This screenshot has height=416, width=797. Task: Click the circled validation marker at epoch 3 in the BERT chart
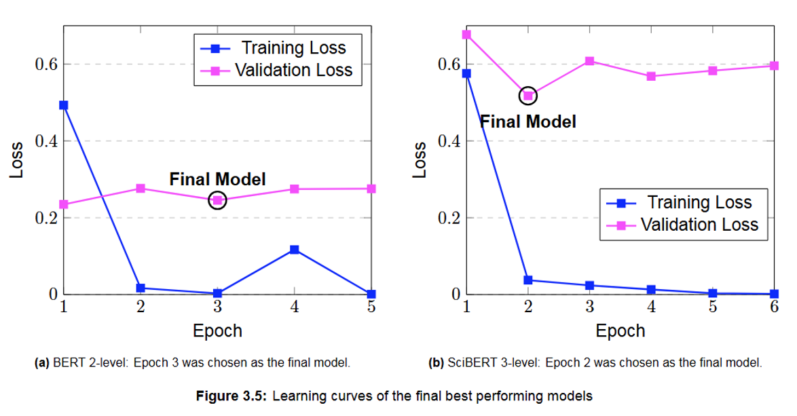217,200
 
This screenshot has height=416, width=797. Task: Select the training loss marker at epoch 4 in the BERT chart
294,250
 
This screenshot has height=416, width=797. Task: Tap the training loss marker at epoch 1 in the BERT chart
63,105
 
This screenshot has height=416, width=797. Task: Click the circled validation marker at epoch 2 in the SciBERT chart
527,96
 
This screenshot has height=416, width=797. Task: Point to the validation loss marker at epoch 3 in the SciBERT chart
589,61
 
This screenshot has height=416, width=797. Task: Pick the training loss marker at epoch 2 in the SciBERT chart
527,280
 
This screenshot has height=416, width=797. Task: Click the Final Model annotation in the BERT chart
217,179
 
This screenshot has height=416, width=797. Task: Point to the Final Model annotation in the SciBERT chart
528,121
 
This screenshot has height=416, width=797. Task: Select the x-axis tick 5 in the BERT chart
371,306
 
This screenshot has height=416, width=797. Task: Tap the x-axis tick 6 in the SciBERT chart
774,306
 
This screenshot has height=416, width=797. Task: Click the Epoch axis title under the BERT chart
217,330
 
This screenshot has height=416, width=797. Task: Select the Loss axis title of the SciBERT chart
420,160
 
